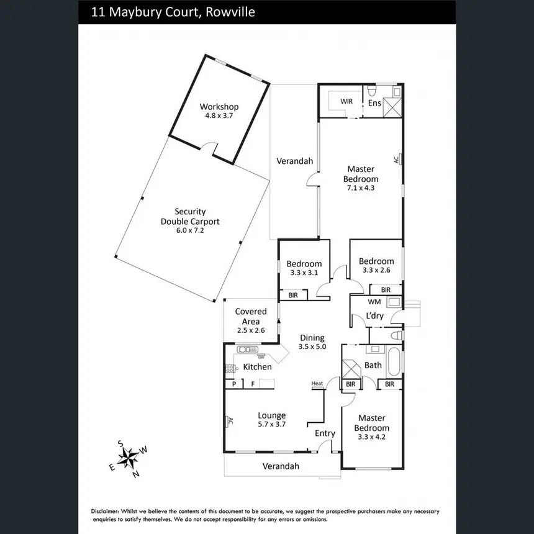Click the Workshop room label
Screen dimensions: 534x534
click(x=219, y=107)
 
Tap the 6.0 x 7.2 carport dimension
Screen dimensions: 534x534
click(x=190, y=230)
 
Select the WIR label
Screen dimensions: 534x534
click(x=346, y=101)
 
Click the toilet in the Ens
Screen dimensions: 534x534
click(x=371, y=90)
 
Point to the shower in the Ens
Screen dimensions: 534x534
click(x=392, y=107)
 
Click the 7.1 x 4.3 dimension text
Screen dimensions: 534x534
click(x=361, y=188)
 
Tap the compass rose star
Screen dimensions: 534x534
click(x=128, y=458)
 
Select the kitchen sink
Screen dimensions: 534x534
click(x=248, y=349)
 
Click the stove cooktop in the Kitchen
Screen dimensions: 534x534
click(x=230, y=368)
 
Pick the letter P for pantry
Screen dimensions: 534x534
click(x=234, y=384)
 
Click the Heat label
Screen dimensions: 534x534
click(x=317, y=384)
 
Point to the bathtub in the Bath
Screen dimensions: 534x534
click(x=394, y=361)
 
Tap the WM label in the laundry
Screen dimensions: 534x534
click(x=374, y=302)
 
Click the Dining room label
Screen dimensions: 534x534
click(x=312, y=338)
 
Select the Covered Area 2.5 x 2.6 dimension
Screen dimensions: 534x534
click(x=251, y=330)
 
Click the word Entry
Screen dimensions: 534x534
click(x=325, y=433)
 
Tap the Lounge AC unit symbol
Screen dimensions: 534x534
click(x=227, y=421)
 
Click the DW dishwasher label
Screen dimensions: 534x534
click(x=261, y=357)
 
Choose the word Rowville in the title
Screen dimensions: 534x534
click(x=230, y=12)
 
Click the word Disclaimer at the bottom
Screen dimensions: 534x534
click(x=105, y=511)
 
